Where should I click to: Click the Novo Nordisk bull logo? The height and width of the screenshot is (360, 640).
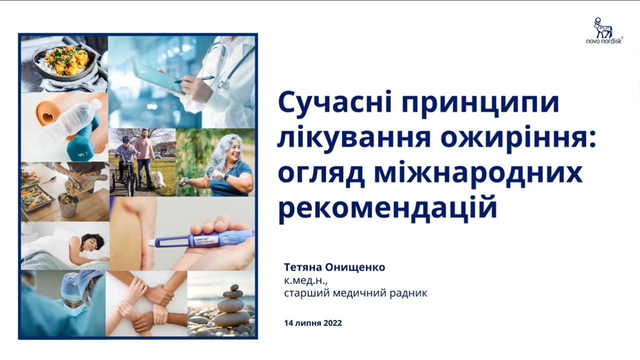[603, 27]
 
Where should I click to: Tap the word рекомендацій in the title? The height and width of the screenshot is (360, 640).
[387, 207]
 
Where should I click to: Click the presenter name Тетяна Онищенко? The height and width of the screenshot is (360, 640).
[334, 267]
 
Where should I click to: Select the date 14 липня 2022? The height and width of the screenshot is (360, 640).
[313, 323]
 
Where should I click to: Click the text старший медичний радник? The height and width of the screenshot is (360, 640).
[355, 293]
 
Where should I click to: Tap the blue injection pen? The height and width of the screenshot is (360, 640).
[201, 239]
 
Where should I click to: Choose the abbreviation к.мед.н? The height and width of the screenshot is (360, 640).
[305, 281]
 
